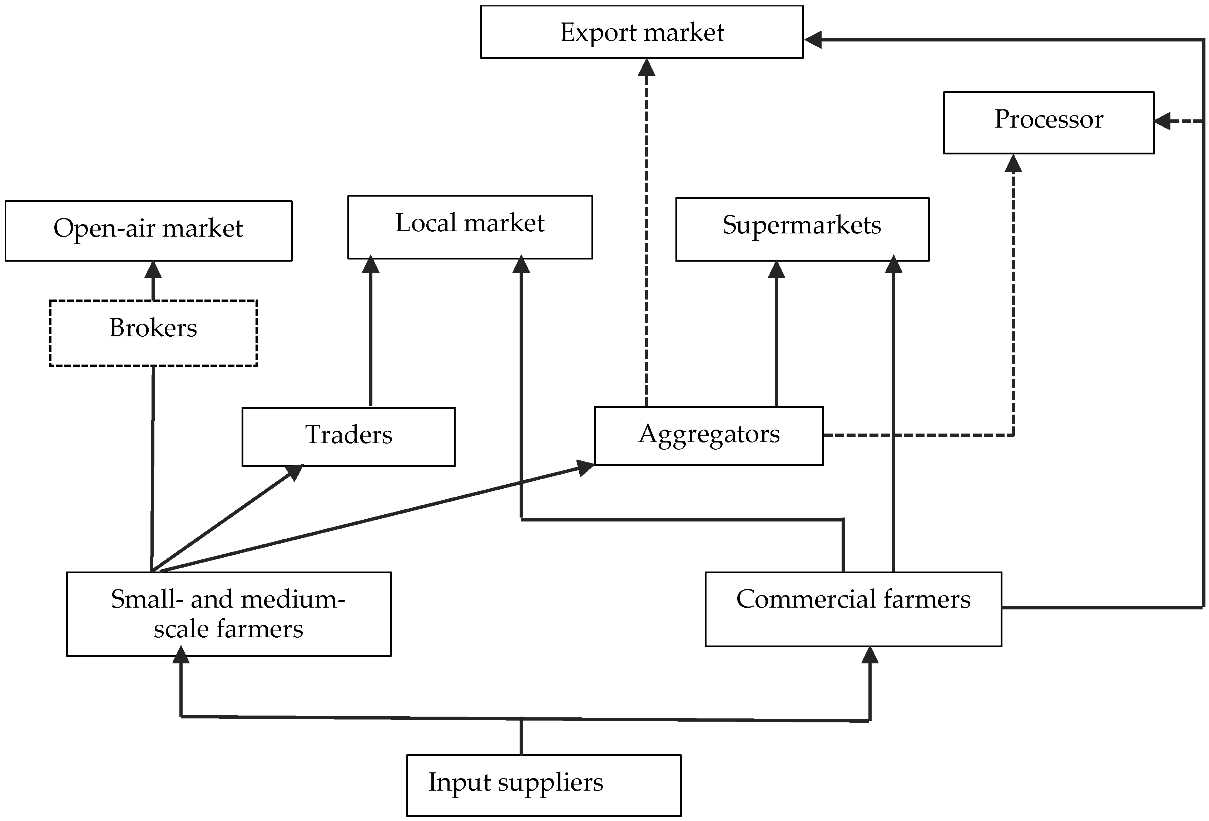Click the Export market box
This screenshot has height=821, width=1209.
pos(641,32)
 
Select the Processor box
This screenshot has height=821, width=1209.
pos(1048,123)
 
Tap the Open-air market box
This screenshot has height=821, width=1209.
pos(148,231)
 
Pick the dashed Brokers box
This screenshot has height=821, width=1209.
pos(153,333)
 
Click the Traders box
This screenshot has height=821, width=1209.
pos(348,436)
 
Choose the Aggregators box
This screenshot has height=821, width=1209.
pos(709,435)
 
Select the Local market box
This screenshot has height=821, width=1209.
pos(470,227)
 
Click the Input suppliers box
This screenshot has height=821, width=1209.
pos(544,785)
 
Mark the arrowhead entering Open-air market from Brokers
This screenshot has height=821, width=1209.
pos(153,269)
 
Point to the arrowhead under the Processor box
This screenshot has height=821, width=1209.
pos(1013,163)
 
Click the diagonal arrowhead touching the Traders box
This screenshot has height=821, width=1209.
pos(295,471)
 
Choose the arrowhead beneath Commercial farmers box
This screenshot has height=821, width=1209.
pos(870,655)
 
